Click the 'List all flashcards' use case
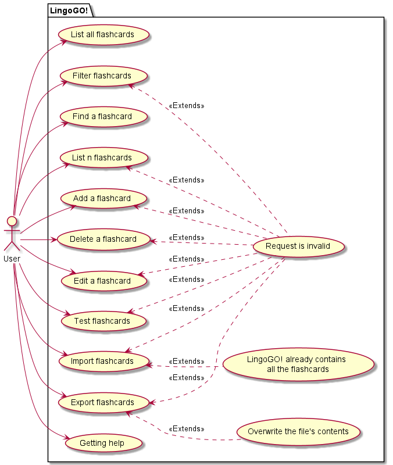102,35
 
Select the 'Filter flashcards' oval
102,76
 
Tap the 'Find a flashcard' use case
102,117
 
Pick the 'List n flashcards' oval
102,158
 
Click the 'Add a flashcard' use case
102,199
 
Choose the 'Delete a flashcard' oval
103,239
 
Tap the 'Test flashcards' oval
102,321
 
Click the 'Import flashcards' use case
102,362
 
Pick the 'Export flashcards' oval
102,402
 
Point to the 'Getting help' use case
102,443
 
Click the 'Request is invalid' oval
298,246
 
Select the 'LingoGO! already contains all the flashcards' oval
296,364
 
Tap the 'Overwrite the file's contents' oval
298,432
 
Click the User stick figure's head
12,221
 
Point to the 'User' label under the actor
12,257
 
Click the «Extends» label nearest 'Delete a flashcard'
186,238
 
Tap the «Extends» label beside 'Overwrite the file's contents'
186,429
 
